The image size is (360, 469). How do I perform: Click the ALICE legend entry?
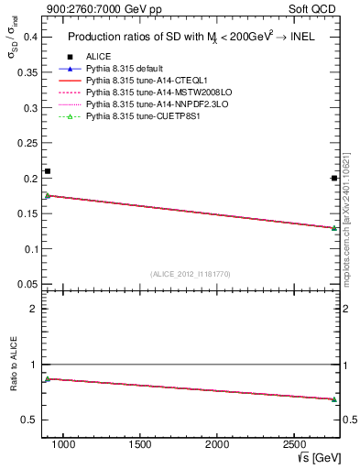99,56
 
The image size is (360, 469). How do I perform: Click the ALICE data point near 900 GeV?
48,171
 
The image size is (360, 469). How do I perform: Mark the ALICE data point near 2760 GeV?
334,178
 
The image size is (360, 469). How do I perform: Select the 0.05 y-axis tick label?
27,284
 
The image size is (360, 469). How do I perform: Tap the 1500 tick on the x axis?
140,444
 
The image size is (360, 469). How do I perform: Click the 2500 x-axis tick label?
294,444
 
